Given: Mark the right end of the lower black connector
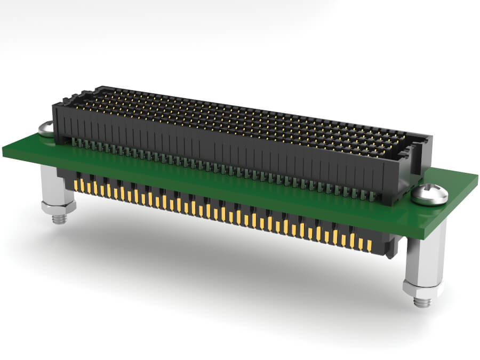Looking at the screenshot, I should click(392, 248).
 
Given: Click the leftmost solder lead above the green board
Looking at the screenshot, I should click(74, 142).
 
